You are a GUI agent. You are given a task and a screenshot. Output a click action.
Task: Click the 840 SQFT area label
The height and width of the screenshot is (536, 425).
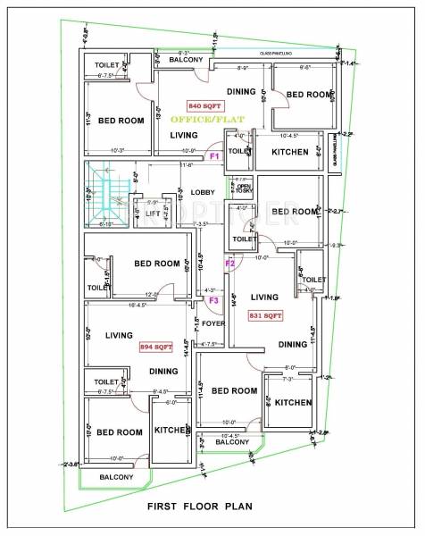(x=206, y=105)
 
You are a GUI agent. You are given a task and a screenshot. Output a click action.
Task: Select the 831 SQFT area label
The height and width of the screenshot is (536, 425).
(x=266, y=316)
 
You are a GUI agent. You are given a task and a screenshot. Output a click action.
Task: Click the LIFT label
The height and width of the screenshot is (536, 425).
(x=153, y=214)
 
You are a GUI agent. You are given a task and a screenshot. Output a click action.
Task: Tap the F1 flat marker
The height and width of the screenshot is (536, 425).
(x=214, y=156)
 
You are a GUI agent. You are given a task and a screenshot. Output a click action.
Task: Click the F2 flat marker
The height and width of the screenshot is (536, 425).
(x=229, y=264)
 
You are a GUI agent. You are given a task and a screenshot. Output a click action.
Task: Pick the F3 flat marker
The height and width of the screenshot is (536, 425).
(x=213, y=301)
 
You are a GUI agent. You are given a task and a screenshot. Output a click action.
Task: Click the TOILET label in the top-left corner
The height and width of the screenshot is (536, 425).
(x=108, y=65)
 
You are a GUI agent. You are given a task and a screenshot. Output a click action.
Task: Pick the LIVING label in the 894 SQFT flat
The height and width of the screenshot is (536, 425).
(x=118, y=335)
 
